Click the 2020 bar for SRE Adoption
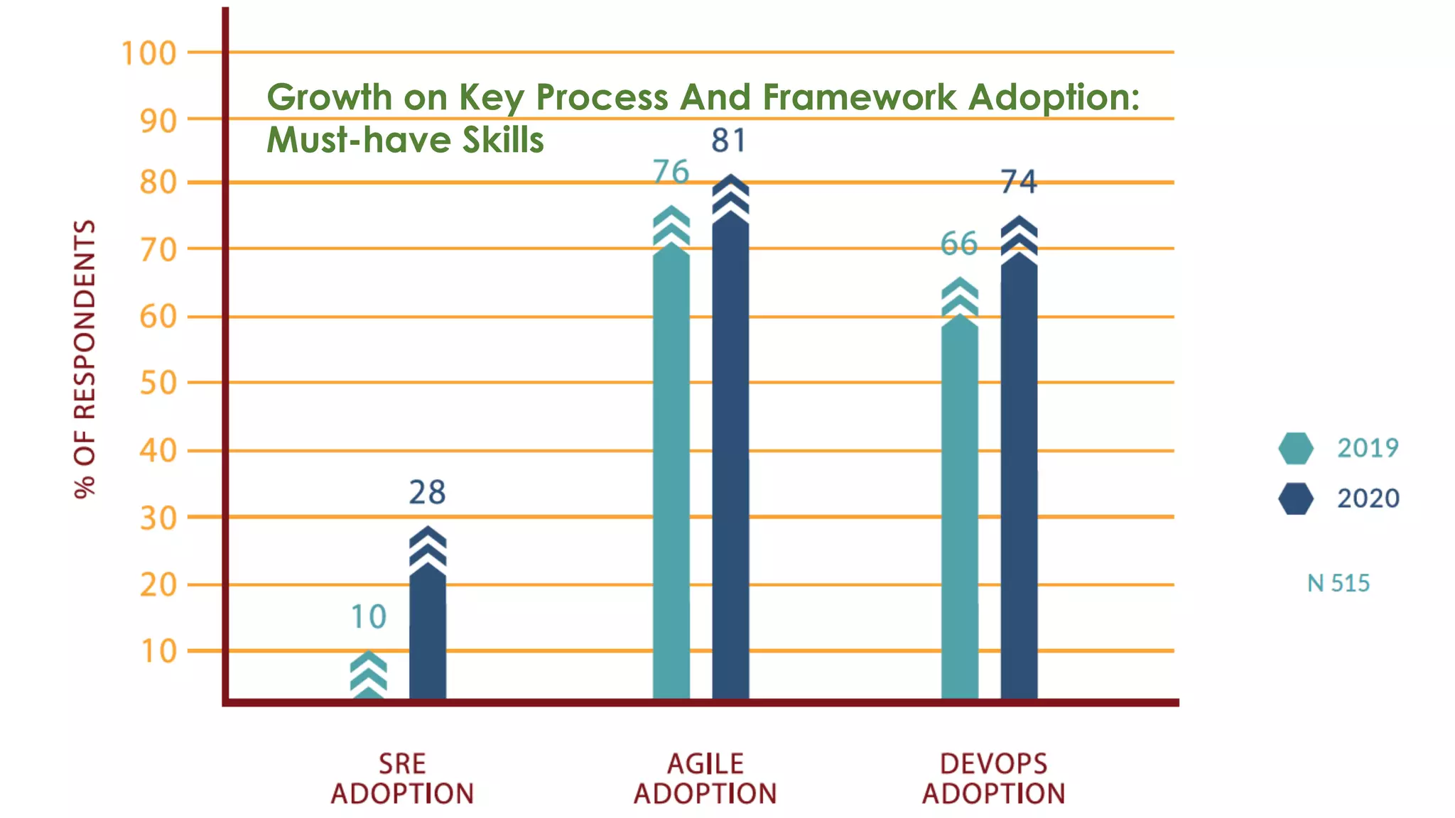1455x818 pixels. [x=428, y=625]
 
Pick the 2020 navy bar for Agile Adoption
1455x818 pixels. [x=730, y=454]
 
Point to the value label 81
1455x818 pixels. [x=729, y=140]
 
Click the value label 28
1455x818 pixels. [x=427, y=492]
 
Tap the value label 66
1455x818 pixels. [x=959, y=244]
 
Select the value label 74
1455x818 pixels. [x=1019, y=182]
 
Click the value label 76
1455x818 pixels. [x=671, y=172]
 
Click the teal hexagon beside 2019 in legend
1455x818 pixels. [x=1295, y=448]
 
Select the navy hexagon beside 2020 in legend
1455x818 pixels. [x=1295, y=498]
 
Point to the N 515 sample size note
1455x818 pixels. [x=1338, y=583]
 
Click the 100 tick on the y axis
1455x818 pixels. [x=148, y=53]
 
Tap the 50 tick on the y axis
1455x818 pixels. [x=158, y=383]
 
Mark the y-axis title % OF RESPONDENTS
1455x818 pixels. [x=85, y=359]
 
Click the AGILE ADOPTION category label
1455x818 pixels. [x=705, y=779]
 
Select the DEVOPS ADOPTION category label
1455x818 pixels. [x=993, y=779]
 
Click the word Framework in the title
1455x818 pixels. [x=859, y=97]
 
